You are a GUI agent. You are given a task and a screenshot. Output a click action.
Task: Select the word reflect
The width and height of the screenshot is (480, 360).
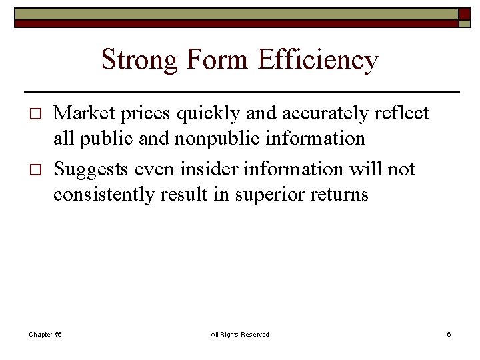(x=401, y=114)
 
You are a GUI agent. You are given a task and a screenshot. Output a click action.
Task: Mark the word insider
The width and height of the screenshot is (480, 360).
(x=207, y=169)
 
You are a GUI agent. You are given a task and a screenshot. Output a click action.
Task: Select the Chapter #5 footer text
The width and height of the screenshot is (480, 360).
(x=45, y=334)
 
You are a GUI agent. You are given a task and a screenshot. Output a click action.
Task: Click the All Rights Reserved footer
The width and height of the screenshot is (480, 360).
(x=239, y=334)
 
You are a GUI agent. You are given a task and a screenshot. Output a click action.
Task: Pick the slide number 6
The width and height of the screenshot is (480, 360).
(x=449, y=334)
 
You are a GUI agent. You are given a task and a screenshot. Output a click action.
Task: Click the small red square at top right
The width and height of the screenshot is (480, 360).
(x=464, y=14)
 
